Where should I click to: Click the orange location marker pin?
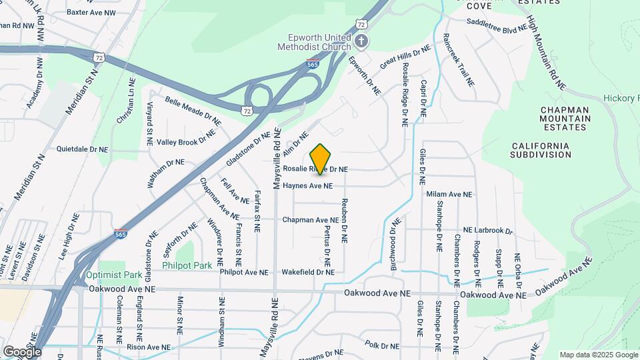pyautogui.click(x=321, y=159)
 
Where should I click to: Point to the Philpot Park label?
pyautogui.click(x=187, y=265)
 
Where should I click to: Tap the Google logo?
pyautogui.click(x=22, y=352)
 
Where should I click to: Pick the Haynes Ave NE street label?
pyautogui.click(x=307, y=186)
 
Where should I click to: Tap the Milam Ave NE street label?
pyautogui.click(x=449, y=194)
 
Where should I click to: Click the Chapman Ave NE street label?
pyautogui.click(x=310, y=219)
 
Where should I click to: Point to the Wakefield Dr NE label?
pyautogui.click(x=307, y=272)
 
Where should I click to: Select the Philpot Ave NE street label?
pyautogui.click(x=243, y=272)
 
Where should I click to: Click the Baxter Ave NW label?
pyautogui.click(x=91, y=12)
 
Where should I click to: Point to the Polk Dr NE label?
pyautogui.click(x=381, y=345)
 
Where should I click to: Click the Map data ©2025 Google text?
pyautogui.click(x=597, y=355)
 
